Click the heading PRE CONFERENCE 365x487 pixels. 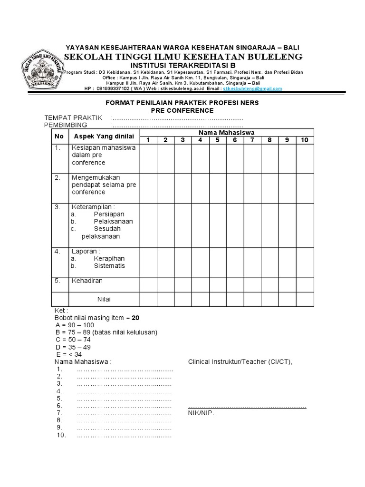(182, 110)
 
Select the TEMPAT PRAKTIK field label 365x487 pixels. (73, 118)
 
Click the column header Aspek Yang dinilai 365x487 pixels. (103, 136)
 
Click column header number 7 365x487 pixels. (252, 140)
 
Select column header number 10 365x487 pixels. (305, 140)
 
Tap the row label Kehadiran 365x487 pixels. (87, 281)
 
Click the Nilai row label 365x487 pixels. (104, 299)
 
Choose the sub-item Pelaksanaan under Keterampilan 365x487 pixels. (113, 221)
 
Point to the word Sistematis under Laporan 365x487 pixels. (109, 266)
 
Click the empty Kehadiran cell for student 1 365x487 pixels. (148, 284)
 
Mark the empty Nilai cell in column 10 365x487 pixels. (305, 299)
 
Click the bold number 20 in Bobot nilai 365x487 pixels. (135, 317)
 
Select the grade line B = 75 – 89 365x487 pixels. (106, 332)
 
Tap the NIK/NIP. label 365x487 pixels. (202, 413)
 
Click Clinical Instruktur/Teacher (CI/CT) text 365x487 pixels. (240, 362)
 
